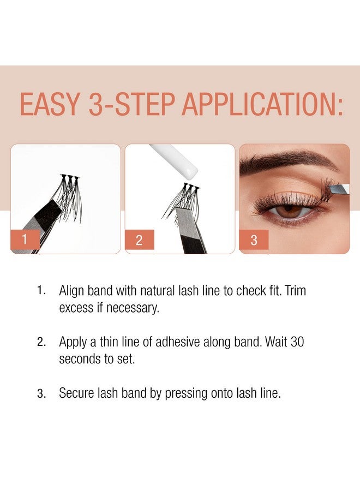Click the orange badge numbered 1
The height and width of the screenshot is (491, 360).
point(25,239)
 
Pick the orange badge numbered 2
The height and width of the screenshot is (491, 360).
point(140,239)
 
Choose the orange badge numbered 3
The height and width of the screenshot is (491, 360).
point(254,239)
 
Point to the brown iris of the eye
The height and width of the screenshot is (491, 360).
point(290,210)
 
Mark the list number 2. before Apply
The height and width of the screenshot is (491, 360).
point(41,343)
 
